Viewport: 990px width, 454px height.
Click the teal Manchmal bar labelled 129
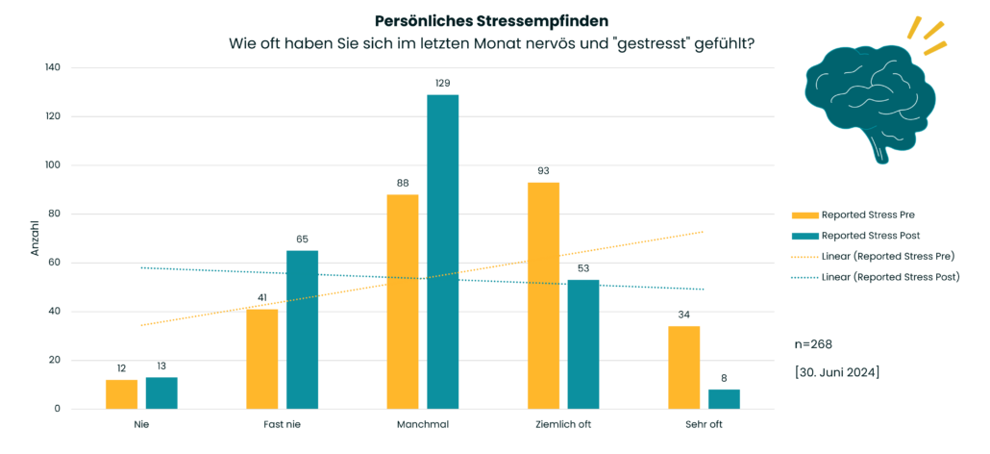click(443, 252)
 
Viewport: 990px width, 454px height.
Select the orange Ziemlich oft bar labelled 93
click(543, 295)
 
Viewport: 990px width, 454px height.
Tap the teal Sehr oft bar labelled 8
click(724, 399)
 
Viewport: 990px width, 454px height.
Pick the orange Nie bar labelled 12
click(121, 394)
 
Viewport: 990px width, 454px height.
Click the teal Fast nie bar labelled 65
click(302, 329)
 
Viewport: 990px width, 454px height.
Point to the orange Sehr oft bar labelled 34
click(684, 367)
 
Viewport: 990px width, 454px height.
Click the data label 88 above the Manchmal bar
click(402, 182)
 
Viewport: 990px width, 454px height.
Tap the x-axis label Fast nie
click(282, 423)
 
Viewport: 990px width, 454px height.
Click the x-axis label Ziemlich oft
click(563, 423)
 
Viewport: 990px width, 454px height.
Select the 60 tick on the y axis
click(55, 263)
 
